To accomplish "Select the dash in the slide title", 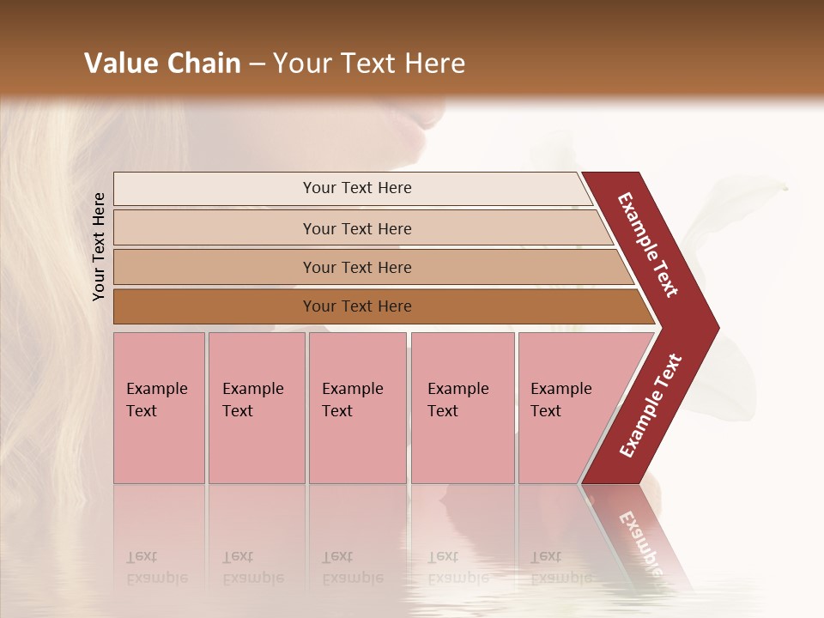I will point(257,64).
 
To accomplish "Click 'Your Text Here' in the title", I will point(369,64).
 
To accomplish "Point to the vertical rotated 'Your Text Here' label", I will point(99,246).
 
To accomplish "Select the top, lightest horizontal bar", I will point(356,188).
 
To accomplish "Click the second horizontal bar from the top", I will point(356,228).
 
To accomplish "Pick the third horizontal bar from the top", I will point(356,267).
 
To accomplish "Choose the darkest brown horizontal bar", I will point(356,306).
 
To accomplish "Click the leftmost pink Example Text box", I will point(159,408).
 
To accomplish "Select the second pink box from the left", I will point(256,408).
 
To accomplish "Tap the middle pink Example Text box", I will point(357,408).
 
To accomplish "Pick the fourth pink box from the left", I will point(462,408).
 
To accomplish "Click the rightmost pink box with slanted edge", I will point(566,408).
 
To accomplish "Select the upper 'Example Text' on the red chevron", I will point(648,244).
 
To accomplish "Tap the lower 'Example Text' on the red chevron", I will point(651,405).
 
